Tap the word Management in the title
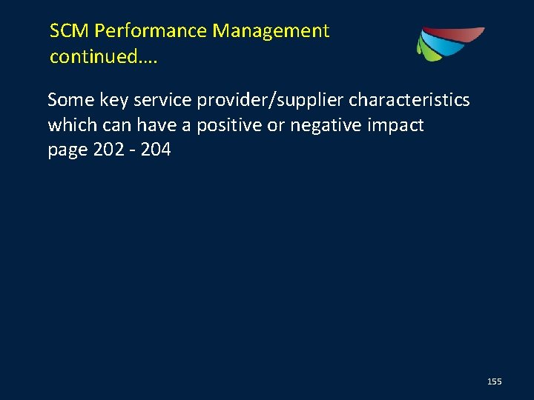tap(271, 31)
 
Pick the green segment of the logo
tap(426, 49)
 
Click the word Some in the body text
tap(67, 100)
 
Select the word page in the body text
tap(67, 150)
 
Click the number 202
tap(108, 150)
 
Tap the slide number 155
tap(494, 381)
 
